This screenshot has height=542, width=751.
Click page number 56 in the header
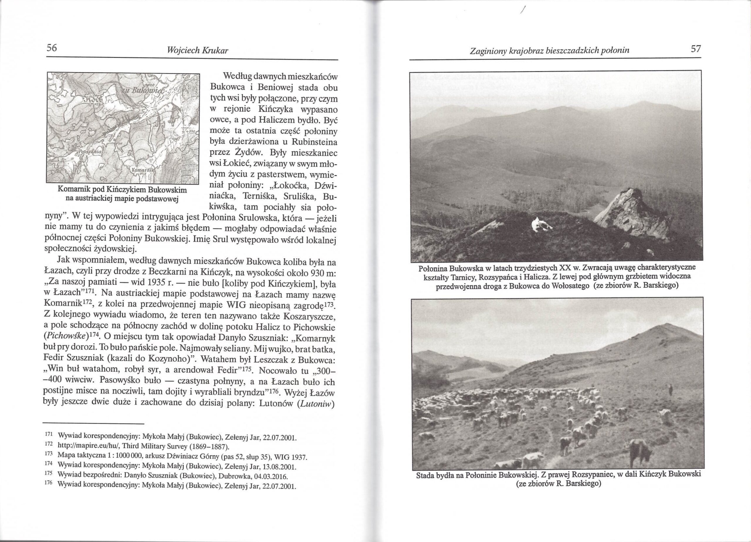(x=52, y=48)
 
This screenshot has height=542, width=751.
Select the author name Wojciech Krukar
(x=198, y=51)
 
